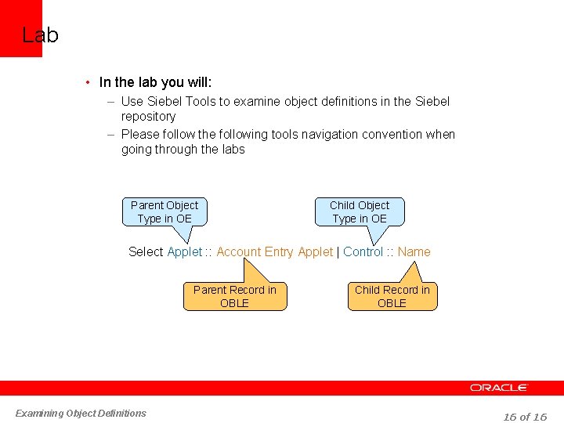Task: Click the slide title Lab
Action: point(40,35)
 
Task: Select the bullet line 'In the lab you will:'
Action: point(155,82)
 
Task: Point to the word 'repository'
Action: point(148,116)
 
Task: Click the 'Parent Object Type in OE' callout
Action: point(164,211)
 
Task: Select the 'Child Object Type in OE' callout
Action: point(360,211)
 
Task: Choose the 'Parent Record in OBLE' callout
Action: point(234,296)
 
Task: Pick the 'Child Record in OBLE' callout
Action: point(392,296)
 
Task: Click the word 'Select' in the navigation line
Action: point(146,251)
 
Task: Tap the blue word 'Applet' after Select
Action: point(185,251)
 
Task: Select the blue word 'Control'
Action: point(363,251)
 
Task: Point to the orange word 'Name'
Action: point(414,251)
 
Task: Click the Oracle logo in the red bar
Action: point(499,388)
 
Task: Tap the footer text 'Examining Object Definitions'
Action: point(81,413)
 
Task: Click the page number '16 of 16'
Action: point(525,417)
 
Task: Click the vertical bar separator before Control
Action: point(338,251)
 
